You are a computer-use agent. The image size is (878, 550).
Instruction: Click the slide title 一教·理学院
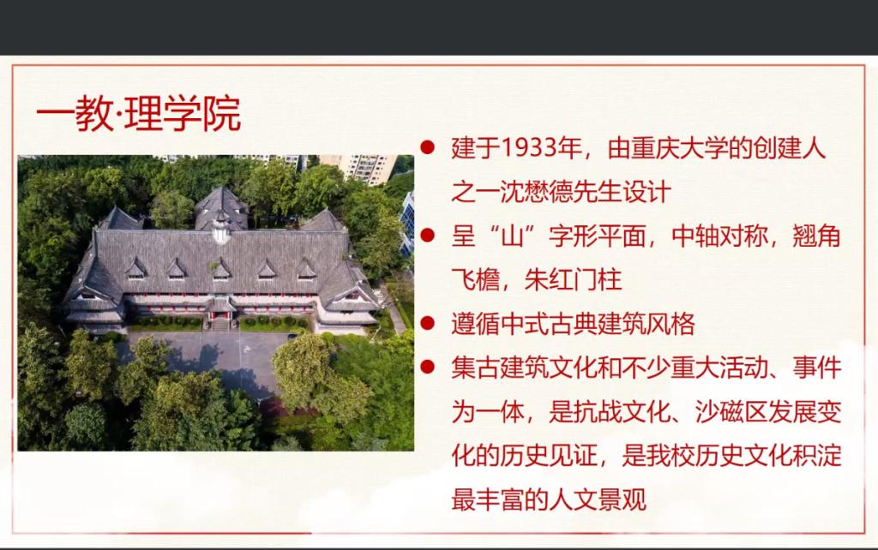(x=138, y=114)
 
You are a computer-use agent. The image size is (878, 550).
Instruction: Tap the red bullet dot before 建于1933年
(x=427, y=147)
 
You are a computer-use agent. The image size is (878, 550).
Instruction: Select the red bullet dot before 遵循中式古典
(x=427, y=323)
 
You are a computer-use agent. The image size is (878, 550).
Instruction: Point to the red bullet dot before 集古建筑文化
(x=427, y=367)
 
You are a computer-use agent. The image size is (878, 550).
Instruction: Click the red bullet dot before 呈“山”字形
(x=427, y=235)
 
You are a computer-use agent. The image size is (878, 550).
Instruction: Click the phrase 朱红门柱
(x=573, y=280)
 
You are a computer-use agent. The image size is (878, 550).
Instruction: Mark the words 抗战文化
(x=622, y=412)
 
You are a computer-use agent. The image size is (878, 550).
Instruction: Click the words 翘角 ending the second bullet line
(x=817, y=236)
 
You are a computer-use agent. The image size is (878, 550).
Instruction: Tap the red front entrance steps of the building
(x=220, y=323)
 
